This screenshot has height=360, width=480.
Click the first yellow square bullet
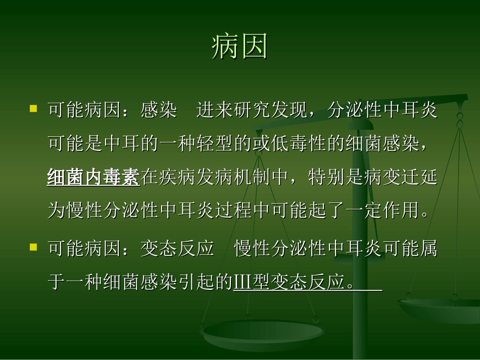pos(33,108)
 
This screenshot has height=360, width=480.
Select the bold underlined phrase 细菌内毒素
pos(93,177)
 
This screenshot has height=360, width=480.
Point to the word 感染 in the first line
pos(159,110)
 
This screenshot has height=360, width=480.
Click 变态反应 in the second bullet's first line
pos(177,248)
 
